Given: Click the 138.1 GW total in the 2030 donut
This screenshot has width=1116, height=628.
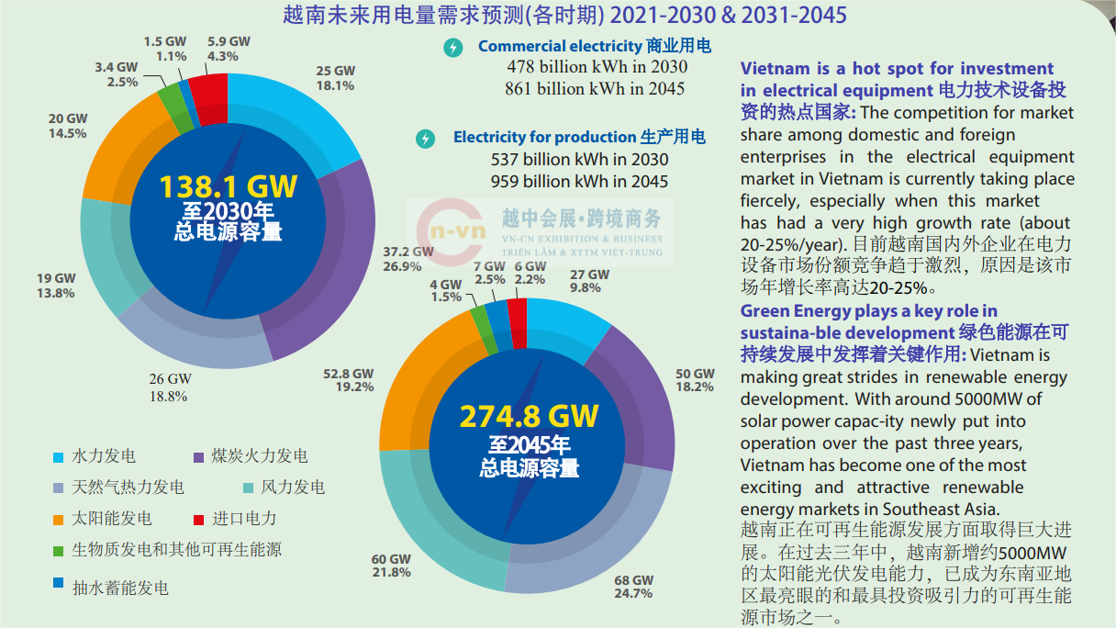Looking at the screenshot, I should point(228,187).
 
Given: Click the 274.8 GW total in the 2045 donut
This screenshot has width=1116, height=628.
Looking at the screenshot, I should point(529,416).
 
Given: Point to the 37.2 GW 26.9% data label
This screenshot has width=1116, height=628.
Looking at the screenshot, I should point(408,259).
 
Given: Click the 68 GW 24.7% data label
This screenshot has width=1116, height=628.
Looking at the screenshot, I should point(633,587).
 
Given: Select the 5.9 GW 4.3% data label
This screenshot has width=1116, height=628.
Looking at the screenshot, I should point(228,49).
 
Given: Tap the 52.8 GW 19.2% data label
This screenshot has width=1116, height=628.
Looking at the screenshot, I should point(348,380).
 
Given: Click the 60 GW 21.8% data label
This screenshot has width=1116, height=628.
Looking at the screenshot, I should point(391,566).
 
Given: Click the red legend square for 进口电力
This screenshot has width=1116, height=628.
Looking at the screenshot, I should point(199,519).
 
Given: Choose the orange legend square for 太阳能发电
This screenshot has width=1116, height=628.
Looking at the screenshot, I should point(59,519).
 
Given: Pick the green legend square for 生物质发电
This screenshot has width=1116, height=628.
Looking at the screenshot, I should point(59,551).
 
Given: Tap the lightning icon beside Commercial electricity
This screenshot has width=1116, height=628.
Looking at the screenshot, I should point(452,47).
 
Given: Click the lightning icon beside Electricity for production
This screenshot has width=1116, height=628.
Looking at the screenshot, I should point(425,139).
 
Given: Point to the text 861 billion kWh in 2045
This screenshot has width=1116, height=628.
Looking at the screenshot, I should point(595,89).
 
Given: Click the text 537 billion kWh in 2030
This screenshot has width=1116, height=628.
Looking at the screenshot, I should point(580,160).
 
